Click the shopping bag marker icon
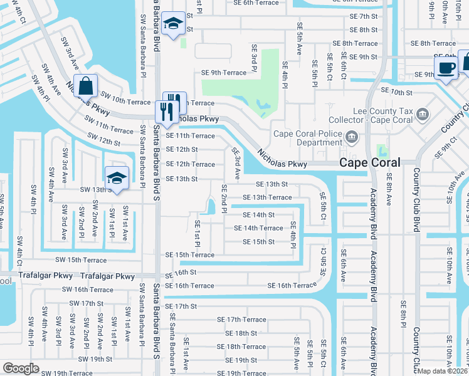point(88,86)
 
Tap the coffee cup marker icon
point(446,68)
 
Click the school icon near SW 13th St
point(117,179)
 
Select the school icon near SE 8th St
point(172,24)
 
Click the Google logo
point(21,368)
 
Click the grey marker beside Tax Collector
point(423,115)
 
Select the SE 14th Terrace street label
point(263,228)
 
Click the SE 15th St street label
point(258,242)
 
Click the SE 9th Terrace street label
point(224,73)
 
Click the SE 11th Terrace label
point(190,135)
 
